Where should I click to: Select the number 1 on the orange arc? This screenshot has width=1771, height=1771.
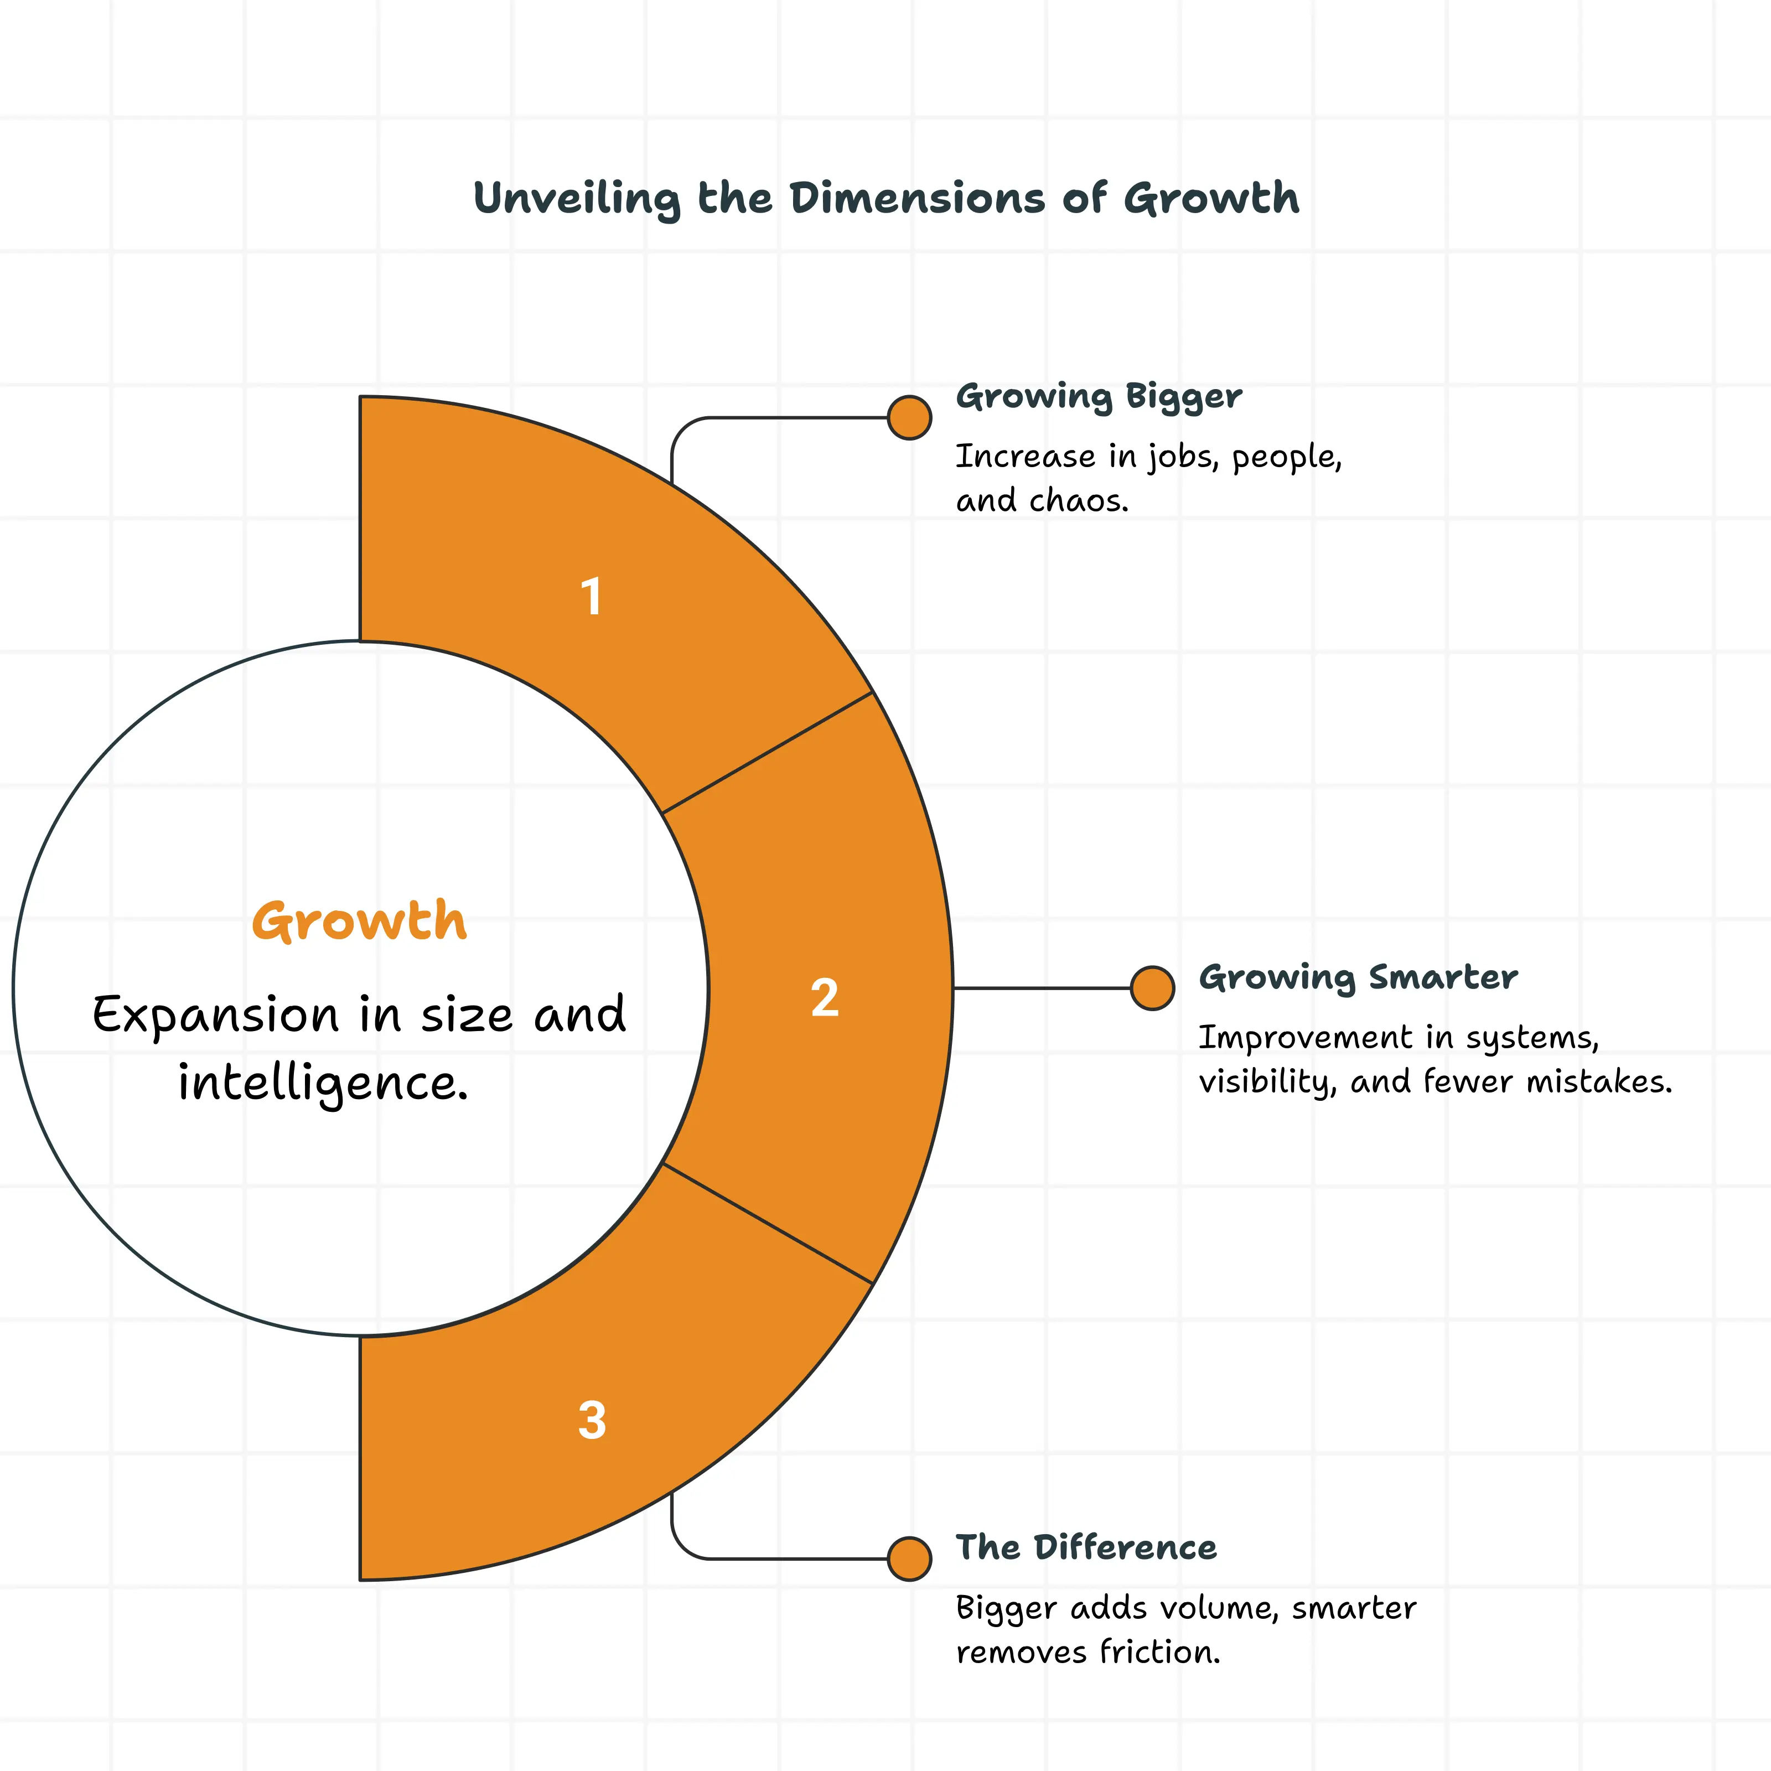[591, 596]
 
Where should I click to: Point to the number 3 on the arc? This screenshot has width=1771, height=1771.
[592, 1420]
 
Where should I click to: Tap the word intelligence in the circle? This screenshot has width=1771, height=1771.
[323, 1084]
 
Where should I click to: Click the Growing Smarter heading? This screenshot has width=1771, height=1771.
[1358, 977]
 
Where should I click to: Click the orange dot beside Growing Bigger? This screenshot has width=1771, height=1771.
[909, 418]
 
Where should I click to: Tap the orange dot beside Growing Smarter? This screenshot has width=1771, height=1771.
[1152, 988]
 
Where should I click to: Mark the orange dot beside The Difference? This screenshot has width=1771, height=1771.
[909, 1558]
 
